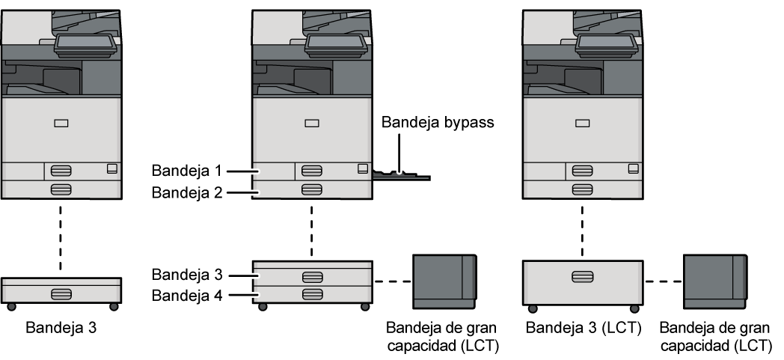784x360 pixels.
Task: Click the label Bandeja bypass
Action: click(x=438, y=122)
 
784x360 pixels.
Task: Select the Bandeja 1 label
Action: click(x=186, y=171)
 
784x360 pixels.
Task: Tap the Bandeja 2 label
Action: click(x=186, y=192)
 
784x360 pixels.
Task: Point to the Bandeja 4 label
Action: click(x=186, y=295)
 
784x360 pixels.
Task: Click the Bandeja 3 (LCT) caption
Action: click(x=584, y=328)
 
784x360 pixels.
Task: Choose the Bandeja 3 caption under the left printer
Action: click(x=61, y=328)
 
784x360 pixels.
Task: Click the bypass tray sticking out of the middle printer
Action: click(x=401, y=175)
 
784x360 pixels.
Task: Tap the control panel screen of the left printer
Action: click(x=85, y=43)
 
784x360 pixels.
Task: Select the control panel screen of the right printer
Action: click(x=607, y=43)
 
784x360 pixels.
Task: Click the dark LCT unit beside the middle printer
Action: click(x=444, y=281)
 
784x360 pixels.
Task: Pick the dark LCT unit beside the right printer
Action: click(x=715, y=281)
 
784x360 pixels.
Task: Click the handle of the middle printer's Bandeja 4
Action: click(x=312, y=294)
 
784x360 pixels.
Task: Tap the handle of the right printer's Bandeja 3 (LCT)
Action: click(x=583, y=276)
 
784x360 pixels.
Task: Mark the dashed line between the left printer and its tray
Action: click(x=61, y=237)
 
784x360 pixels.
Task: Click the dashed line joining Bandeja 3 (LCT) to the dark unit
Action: click(x=663, y=281)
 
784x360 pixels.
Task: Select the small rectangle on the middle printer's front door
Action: click(x=312, y=123)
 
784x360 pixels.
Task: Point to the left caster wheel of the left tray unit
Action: click(x=10, y=307)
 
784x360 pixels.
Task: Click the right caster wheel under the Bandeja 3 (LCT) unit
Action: click(x=634, y=308)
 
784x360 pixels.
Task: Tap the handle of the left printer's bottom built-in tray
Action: click(x=61, y=189)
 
